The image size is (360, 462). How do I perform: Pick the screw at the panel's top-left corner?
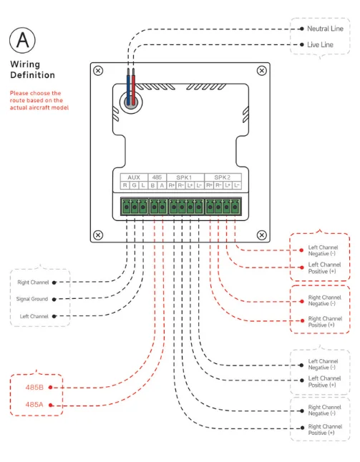(x=99, y=70)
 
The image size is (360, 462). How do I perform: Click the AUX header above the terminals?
(x=133, y=177)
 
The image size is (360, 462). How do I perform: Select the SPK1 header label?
(x=184, y=177)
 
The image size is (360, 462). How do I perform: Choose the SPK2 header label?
(x=222, y=177)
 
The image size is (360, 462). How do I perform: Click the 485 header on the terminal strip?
(x=157, y=177)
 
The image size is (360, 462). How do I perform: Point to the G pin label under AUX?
(x=133, y=185)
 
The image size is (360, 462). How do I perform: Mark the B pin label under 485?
(x=152, y=185)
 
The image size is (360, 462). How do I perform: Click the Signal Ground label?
(x=32, y=299)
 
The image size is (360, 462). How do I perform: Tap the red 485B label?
(x=35, y=387)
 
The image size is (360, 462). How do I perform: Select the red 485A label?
(x=35, y=404)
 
